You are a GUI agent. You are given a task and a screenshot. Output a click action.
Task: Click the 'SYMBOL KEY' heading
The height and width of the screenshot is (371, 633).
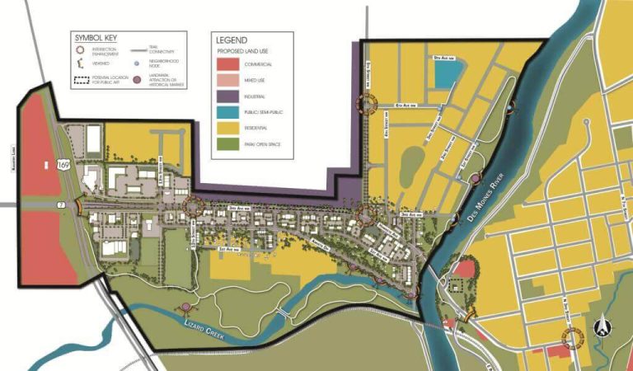tap(97, 38)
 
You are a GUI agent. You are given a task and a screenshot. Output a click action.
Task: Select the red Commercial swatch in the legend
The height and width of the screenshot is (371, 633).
tap(229, 63)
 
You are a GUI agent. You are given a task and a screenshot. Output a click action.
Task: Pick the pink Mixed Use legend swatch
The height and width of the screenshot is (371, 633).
tap(229, 80)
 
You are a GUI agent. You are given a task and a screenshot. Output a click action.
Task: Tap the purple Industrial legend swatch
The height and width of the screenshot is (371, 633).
tap(229, 96)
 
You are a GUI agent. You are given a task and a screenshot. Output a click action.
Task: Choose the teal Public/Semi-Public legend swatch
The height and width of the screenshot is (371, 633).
tap(229, 113)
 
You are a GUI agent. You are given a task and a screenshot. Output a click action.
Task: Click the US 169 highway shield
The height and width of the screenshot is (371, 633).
tap(63, 167)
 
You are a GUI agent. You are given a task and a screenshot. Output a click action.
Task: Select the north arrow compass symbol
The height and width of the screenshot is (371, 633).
tap(606, 327)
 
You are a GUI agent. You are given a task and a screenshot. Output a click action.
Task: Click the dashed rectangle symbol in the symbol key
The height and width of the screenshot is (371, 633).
tap(81, 81)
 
